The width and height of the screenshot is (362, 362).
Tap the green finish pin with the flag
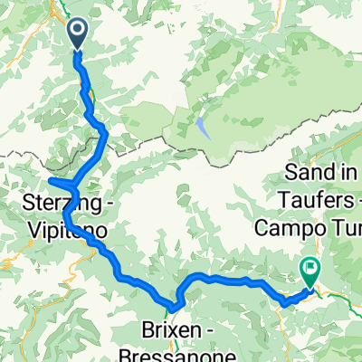click(310, 270)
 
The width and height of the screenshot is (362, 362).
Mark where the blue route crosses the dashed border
click(104, 138)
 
